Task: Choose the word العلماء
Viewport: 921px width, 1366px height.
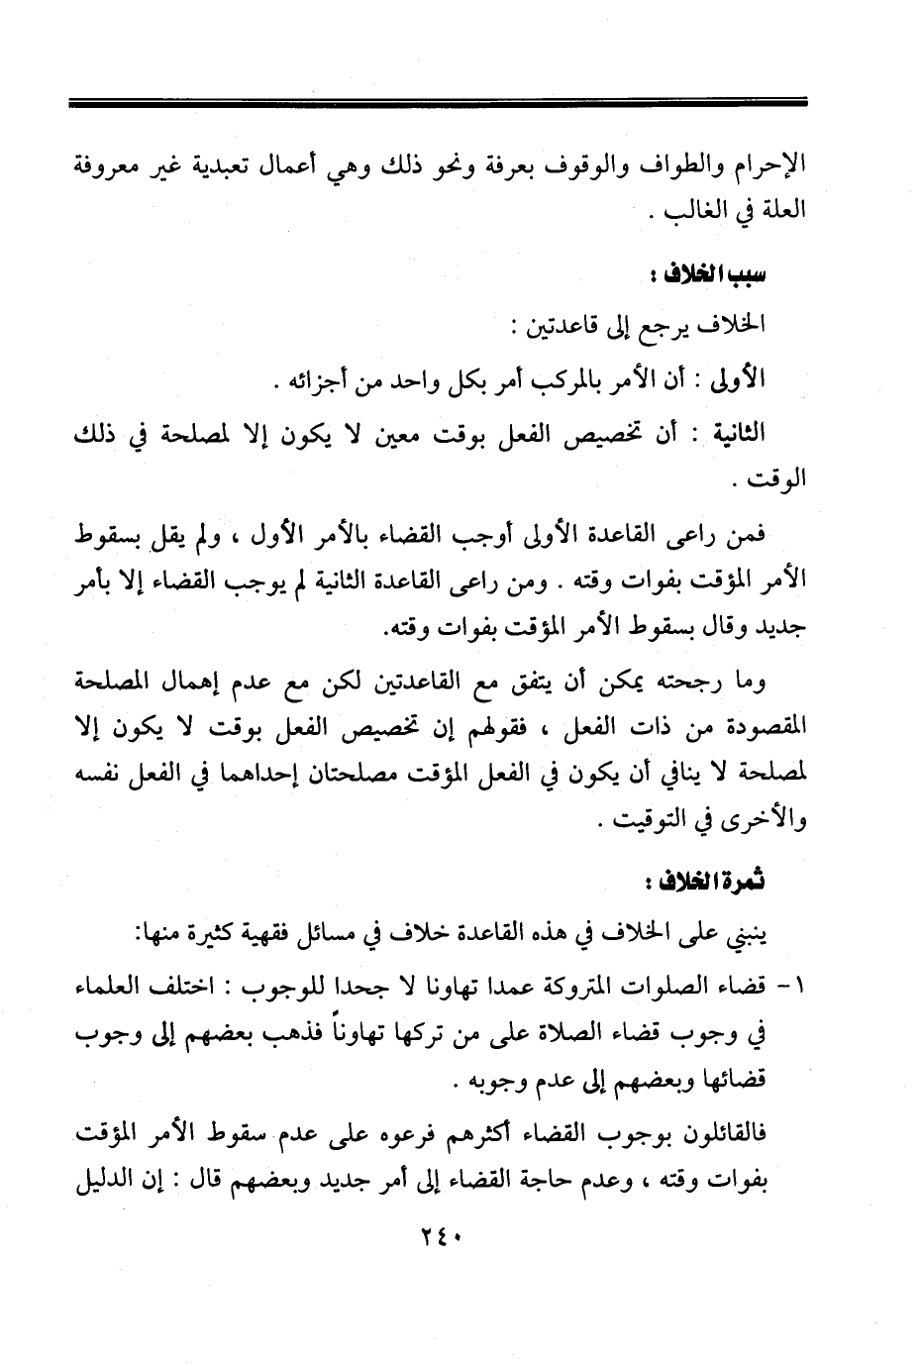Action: point(113,988)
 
